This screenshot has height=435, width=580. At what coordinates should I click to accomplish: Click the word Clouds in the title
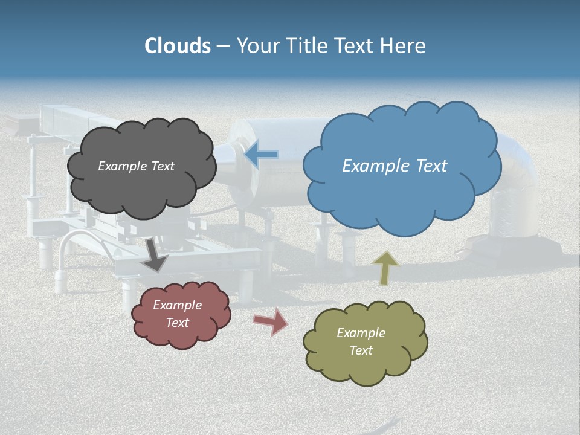pyautogui.click(x=178, y=46)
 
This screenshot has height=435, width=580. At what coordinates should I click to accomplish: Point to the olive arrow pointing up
pyautogui.click(x=384, y=268)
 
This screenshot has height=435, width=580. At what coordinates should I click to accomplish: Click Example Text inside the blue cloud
pyautogui.click(x=395, y=166)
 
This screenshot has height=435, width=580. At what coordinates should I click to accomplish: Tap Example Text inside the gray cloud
pyautogui.click(x=136, y=166)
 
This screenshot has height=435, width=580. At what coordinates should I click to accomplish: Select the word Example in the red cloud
pyautogui.click(x=177, y=305)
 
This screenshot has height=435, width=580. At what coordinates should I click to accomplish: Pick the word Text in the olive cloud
pyautogui.click(x=361, y=350)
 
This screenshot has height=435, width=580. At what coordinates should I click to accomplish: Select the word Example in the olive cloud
pyautogui.click(x=361, y=333)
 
